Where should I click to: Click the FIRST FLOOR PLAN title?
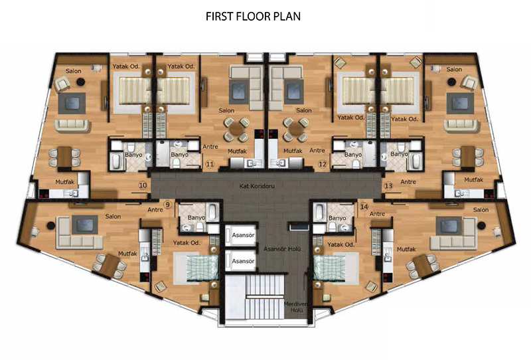pos(253,16)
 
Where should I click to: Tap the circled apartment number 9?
pos(167,205)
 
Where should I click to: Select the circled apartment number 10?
pos(143,185)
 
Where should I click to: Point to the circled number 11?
pos(210,165)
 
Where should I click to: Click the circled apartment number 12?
pos(323,165)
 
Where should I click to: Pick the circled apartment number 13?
pos(388,186)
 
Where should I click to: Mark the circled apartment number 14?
pos(364,207)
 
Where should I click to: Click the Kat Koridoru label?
pos(257,186)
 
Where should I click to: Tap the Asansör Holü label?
pos(282,249)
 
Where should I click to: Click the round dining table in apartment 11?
pos(236,129)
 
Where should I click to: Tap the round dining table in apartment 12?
pos(295,129)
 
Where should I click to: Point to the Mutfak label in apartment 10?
pos(64,182)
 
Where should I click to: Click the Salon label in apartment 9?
pos(113,217)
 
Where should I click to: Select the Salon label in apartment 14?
pos(481,210)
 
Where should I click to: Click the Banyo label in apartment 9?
pos(196,218)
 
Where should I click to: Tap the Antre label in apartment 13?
pos(408,182)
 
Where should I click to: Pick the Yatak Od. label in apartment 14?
pos(341,244)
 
